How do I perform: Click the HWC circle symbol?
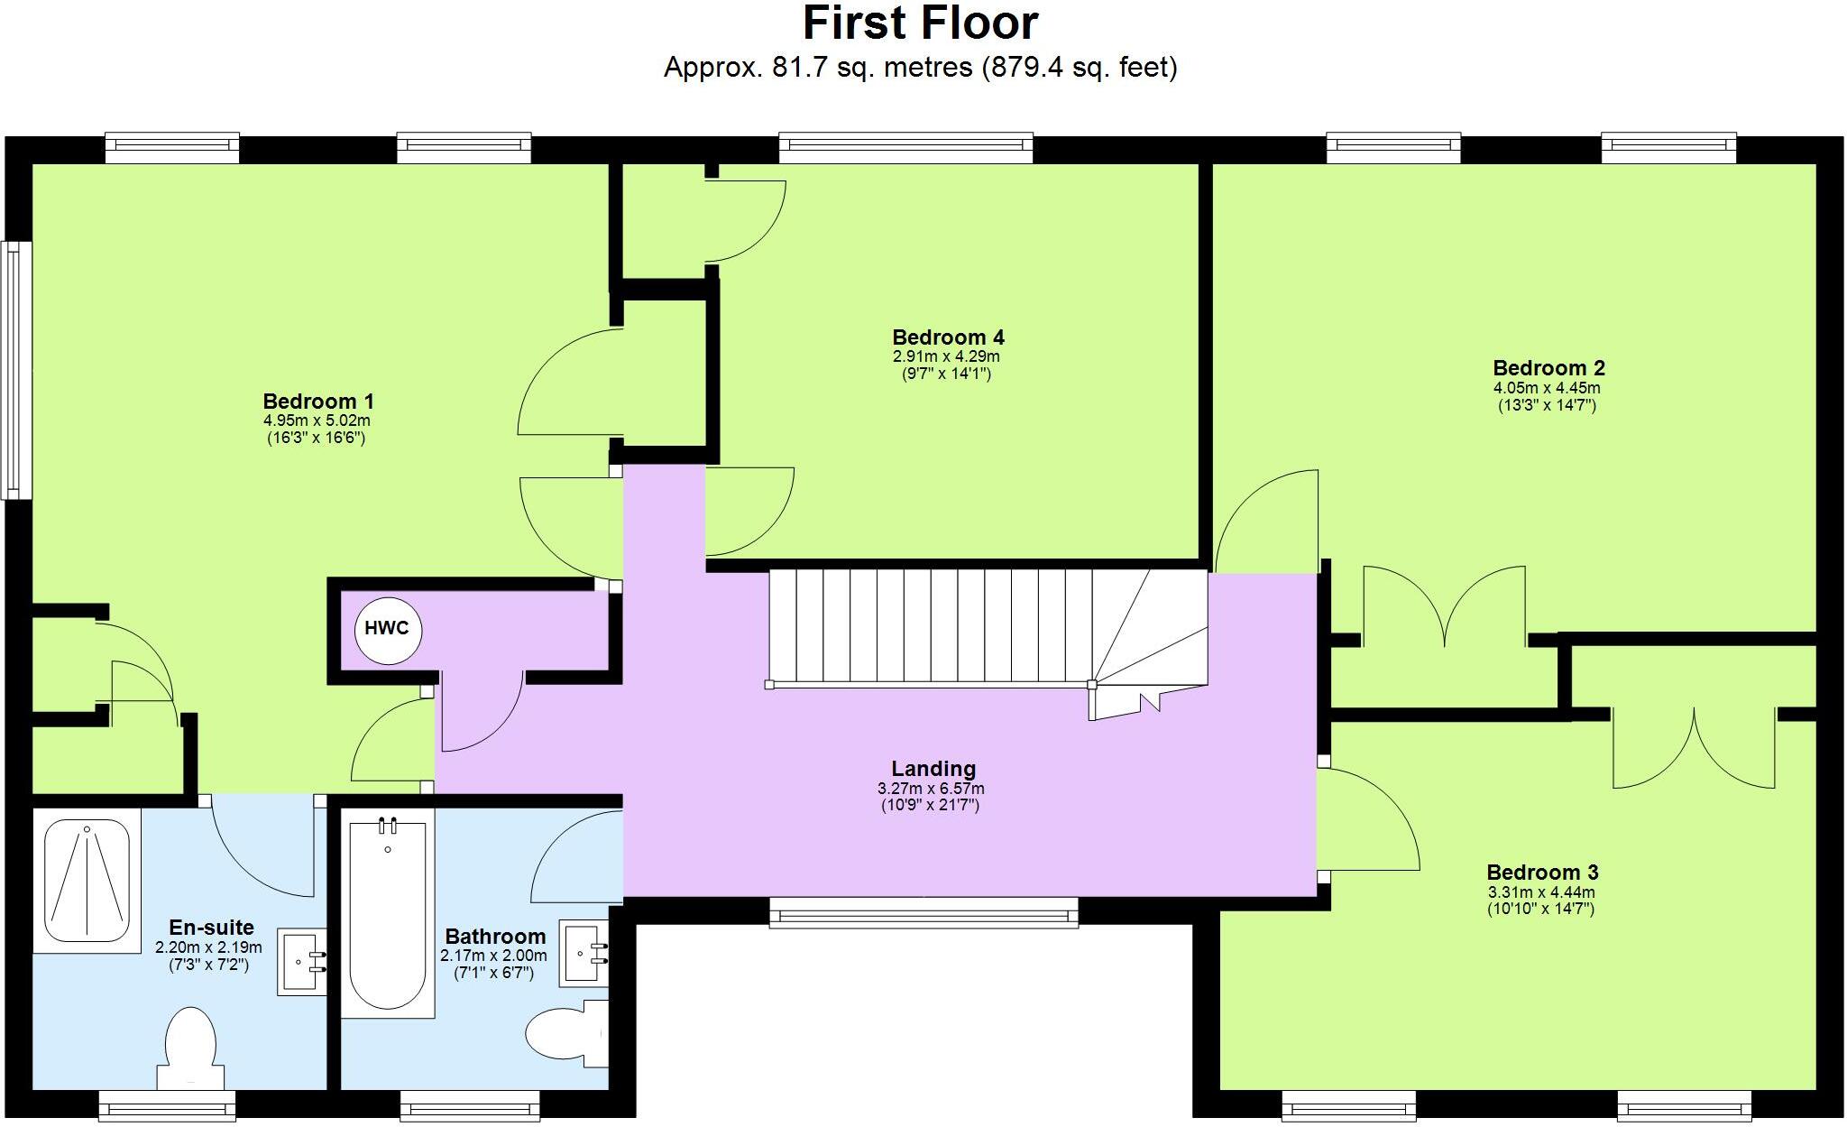coord(388,630)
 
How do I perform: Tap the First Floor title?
coord(920,23)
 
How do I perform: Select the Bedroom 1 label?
coord(317,402)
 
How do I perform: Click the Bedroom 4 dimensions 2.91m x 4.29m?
coord(947,356)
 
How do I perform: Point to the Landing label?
coord(933,769)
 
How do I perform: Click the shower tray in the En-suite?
coord(87,881)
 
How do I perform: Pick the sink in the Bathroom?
coord(584,952)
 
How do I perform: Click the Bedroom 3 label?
coord(1542,873)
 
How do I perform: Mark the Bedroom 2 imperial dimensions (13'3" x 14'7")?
coord(1547,406)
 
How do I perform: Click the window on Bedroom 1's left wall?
coord(14,370)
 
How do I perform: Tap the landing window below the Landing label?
coord(923,912)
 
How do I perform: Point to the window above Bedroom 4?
coord(905,146)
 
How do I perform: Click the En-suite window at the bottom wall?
coord(167,1104)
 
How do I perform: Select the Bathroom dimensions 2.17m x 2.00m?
coord(493,956)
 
